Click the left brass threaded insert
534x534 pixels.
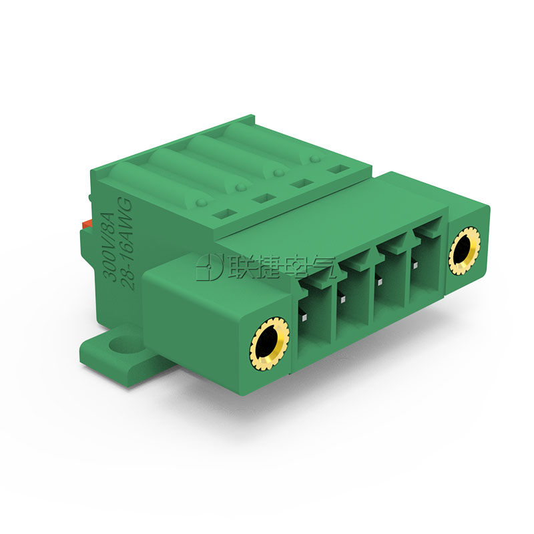click(269, 344)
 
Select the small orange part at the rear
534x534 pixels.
click(87, 224)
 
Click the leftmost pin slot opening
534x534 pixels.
click(314, 325)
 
